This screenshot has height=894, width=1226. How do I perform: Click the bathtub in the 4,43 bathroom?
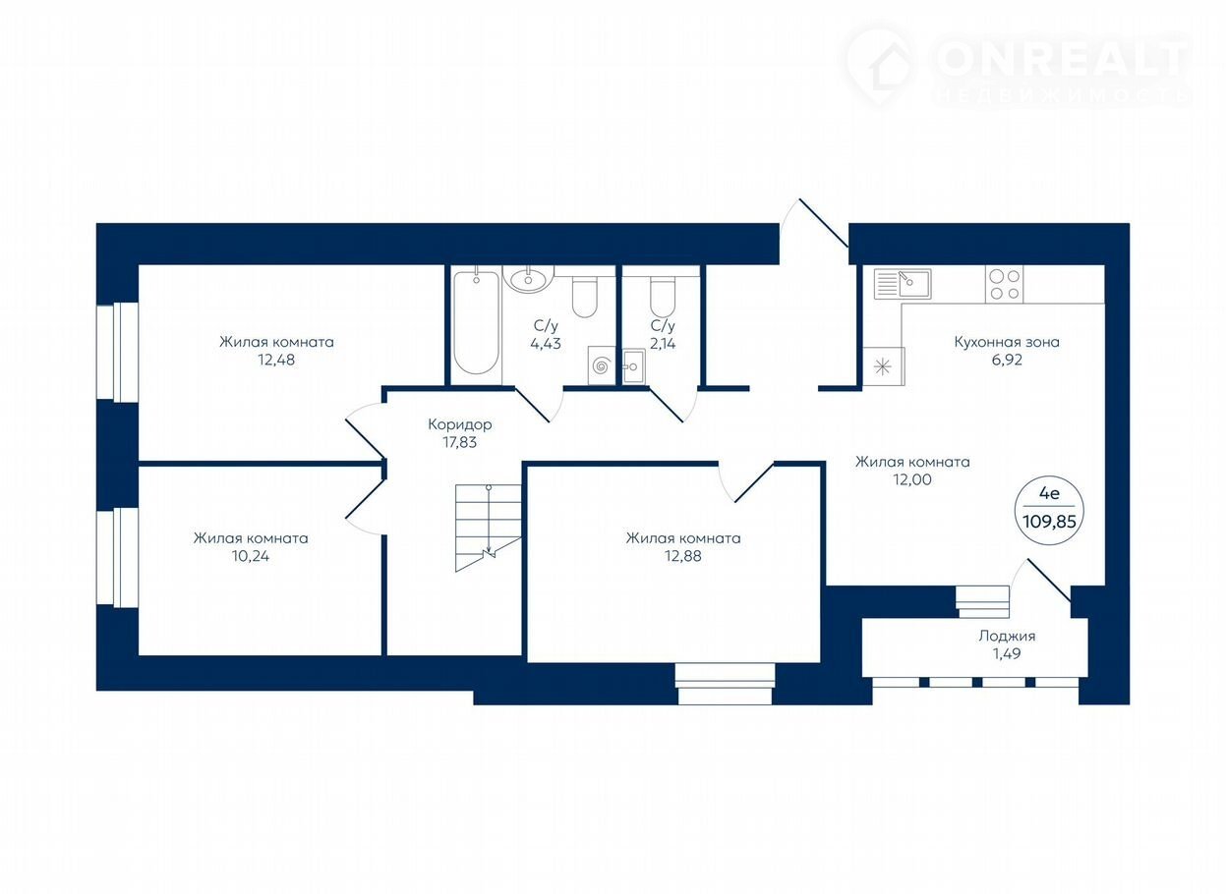tap(476, 323)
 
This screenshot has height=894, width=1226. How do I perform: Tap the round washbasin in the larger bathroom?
tap(528, 279)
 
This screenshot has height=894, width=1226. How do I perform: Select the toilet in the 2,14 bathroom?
tap(663, 297)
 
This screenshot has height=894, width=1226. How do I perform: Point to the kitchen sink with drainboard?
tap(902, 284)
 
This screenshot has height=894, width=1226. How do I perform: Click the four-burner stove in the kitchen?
tap(1005, 284)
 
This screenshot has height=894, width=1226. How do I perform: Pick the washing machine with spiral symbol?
tap(602, 365)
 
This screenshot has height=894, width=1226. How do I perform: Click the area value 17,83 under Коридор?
tap(460, 442)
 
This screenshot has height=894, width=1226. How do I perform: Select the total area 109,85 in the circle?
tap(1049, 521)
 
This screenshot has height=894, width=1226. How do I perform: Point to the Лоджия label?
tap(1007, 636)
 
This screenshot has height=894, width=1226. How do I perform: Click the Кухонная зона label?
tap(1007, 342)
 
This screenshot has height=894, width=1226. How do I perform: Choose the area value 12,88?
tap(683, 555)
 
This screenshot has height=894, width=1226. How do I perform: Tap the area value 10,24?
tap(251, 555)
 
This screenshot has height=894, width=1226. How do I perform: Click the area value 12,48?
tap(276, 360)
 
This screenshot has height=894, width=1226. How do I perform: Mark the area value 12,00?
tap(912, 479)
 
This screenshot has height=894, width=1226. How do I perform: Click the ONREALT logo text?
tap(1062, 59)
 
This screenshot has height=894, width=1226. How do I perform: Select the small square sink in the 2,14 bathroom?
tap(634, 365)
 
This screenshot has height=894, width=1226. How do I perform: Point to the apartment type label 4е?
tap(1049, 493)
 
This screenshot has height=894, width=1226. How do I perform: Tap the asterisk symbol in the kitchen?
tap(882, 365)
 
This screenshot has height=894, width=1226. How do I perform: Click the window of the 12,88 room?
tap(725, 684)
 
